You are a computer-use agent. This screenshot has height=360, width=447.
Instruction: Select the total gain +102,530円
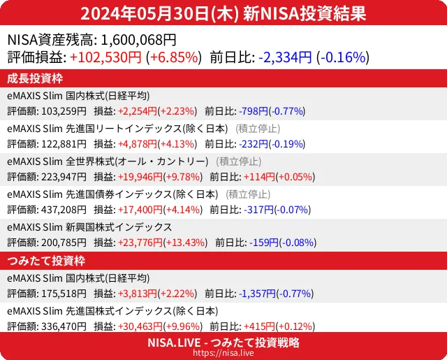pyautogui.click(x=106, y=57)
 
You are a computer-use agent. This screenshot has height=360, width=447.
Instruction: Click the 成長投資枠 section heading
pyautogui.click(x=36, y=78)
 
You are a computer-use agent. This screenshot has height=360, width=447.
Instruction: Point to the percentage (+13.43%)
pyautogui.click(x=185, y=242)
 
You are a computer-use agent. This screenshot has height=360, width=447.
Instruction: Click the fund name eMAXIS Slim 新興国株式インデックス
pyautogui.click(x=89, y=227)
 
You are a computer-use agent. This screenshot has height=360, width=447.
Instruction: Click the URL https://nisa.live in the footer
pyautogui.click(x=223, y=354)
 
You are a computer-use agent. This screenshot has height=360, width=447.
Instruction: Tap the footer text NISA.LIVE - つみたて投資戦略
pyautogui.click(x=223, y=343)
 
